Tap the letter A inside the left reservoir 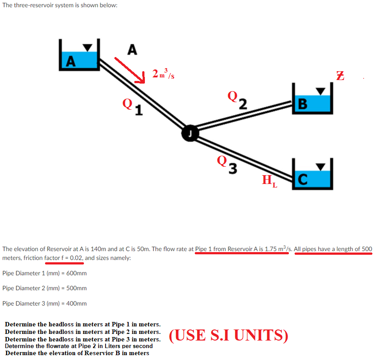click(x=69, y=61)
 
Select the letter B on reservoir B click(x=303, y=104)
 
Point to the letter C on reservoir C click(x=302, y=179)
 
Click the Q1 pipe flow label click(x=133, y=106)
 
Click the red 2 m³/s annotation click(x=163, y=74)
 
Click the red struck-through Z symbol click(x=340, y=76)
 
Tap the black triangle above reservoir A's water click(x=89, y=47)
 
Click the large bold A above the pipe click(x=131, y=50)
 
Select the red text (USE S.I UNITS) click(x=228, y=335)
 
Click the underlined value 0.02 click(x=76, y=258)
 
